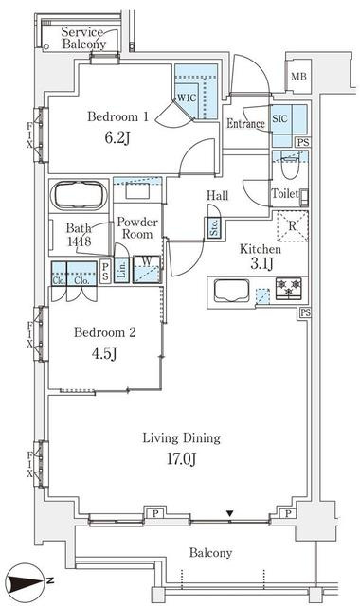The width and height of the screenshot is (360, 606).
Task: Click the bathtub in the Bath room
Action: coord(80,196)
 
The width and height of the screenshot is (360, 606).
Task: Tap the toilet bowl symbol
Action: coord(290,167)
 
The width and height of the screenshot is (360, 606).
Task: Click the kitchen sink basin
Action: coord(231,291)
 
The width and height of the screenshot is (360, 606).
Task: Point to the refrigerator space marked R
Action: coord(293,226)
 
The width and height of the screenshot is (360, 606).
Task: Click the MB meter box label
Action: coord(298,77)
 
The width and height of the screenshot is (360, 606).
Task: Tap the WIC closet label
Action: coord(187,98)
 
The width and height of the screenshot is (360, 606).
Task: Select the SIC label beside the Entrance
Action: coord(280,118)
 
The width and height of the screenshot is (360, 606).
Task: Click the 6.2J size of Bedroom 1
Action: coord(117,137)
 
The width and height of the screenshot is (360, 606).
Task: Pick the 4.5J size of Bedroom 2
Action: coord(104,353)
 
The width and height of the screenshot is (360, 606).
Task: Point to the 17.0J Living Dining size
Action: coord(182,459)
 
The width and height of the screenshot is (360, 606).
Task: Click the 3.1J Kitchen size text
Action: coord(261,263)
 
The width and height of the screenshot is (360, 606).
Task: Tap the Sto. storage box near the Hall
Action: coord(214,228)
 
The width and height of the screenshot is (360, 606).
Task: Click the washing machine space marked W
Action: coord(147,269)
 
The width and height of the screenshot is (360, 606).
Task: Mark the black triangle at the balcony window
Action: coord(230,513)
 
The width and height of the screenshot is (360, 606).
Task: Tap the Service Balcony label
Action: coord(83,38)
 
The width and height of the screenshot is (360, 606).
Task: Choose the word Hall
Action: coord(217,196)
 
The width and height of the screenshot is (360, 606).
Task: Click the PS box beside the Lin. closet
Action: coord(105,272)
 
